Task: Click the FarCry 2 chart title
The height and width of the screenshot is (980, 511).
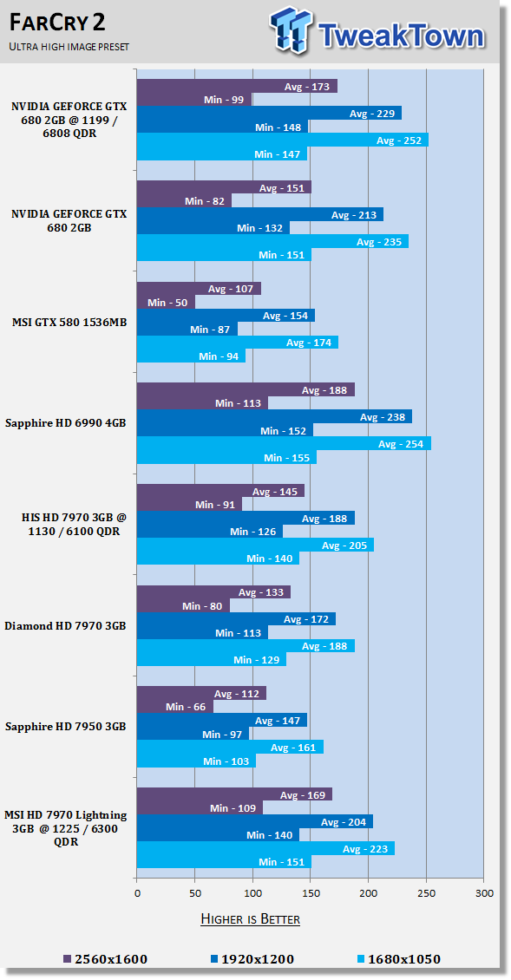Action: pos(57,23)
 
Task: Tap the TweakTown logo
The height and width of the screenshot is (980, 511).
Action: pos(377,31)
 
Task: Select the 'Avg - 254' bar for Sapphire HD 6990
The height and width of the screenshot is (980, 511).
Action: pos(284,444)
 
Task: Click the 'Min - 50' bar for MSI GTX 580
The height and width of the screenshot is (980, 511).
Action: pos(166,303)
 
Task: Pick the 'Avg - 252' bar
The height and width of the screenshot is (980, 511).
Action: pos(283,140)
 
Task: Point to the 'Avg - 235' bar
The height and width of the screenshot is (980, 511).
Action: pos(272,241)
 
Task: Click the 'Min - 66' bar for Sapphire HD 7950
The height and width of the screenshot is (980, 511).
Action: pos(175,707)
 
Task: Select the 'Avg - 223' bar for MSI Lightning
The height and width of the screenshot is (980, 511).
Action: pos(265,848)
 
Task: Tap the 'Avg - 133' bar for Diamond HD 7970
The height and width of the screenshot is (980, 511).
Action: pos(214,592)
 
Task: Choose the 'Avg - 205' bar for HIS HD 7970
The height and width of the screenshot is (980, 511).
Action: pos(255,545)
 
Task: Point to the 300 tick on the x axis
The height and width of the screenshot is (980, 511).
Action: pos(484,893)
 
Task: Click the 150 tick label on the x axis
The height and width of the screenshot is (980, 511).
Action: pos(311,893)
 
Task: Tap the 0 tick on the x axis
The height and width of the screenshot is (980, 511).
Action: pos(137,893)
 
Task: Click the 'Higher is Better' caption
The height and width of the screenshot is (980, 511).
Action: pos(250,918)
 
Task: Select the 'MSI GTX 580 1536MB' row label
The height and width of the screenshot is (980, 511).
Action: pos(69,323)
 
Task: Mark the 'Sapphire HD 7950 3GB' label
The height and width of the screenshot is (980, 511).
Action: pos(65,726)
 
